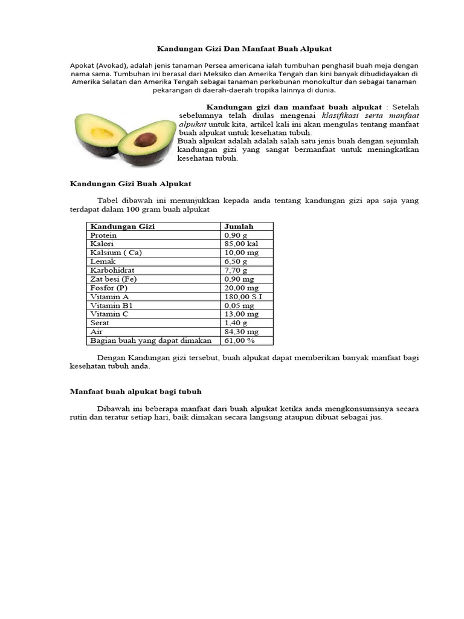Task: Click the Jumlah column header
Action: pyautogui.click(x=239, y=227)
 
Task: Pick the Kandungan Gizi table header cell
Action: pyautogui.click(x=123, y=227)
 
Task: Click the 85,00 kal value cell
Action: pyautogui.click(x=241, y=244)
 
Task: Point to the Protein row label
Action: pyautogui.click(x=103, y=235)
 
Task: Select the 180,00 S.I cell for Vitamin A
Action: pyautogui.click(x=243, y=297)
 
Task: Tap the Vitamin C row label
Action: pyautogui.click(x=109, y=314)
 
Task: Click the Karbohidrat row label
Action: pyautogui.click(x=112, y=271)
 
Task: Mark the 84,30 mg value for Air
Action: pyautogui.click(x=241, y=332)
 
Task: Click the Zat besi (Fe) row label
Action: pyautogui.click(x=113, y=279)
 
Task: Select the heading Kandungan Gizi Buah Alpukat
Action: pyautogui.click(x=131, y=183)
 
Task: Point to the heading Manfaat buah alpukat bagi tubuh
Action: pyautogui.click(x=136, y=392)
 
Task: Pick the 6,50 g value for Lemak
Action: pyautogui.click(x=236, y=262)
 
